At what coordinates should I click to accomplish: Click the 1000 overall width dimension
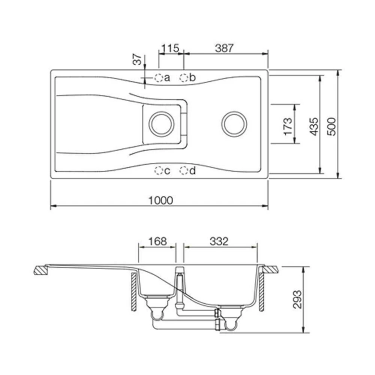coord(161,200)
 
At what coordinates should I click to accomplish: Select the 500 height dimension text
coord(331,127)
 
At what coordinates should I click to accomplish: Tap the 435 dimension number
coord(314,127)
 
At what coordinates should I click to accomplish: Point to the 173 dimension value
coord(288,127)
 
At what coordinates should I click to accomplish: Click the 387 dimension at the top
coord(224,48)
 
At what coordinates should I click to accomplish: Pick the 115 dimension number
coord(171,48)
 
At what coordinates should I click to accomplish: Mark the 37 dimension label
coord(138,60)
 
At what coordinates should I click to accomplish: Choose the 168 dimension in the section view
coord(157,241)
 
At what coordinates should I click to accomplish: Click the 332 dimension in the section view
coord(219,241)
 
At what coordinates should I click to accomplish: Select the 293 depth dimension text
coord(297,299)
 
